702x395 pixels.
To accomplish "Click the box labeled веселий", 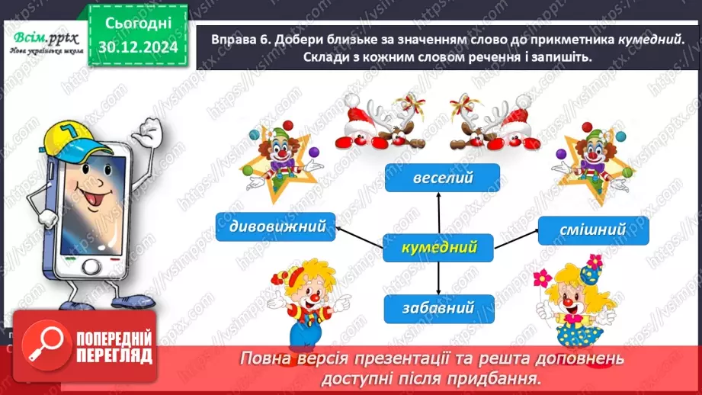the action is click(x=442, y=178).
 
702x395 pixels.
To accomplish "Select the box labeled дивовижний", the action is click(x=275, y=226).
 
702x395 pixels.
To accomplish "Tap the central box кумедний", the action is click(x=438, y=248).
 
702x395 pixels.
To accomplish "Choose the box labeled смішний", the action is click(x=593, y=230).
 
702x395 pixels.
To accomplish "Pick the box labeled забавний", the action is click(x=439, y=309).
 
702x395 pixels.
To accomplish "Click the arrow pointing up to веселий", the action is click(x=439, y=214).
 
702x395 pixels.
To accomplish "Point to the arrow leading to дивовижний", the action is click(x=360, y=237).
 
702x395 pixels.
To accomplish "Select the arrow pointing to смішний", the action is click(x=516, y=239).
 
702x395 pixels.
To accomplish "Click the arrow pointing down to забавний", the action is click(x=438, y=278).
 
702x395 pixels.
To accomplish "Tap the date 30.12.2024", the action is click(x=138, y=47).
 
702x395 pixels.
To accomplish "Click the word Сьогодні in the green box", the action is click(x=138, y=24).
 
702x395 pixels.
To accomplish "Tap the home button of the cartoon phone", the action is click(x=91, y=267).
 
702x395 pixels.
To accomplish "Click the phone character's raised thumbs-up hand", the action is click(x=149, y=131).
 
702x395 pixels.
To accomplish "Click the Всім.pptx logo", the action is click(x=46, y=42).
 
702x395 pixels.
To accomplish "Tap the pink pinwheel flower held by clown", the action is click(x=542, y=278).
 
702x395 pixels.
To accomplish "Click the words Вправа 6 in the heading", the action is click(x=239, y=40).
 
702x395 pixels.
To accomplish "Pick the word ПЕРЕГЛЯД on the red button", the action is click(x=114, y=356).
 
